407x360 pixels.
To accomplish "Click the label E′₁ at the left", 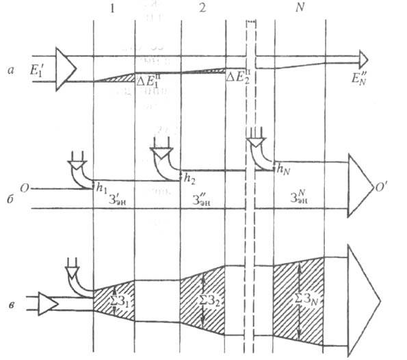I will click(x=43, y=70).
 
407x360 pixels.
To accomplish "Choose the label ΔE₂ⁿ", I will click(x=239, y=80).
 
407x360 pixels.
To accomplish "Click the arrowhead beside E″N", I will click(x=364, y=57).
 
